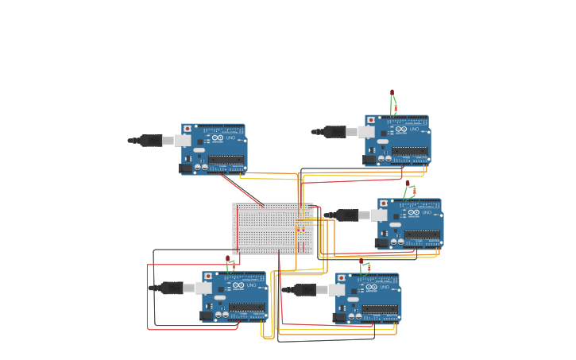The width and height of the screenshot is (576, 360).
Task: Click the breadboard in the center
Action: pos(272,227)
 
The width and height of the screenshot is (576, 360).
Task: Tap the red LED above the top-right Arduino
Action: pos(392,93)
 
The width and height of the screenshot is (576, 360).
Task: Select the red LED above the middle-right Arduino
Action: pos(408,184)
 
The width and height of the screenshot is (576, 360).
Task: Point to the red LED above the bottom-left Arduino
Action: pos(227,258)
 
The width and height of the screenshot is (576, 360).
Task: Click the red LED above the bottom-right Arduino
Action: pos(361,261)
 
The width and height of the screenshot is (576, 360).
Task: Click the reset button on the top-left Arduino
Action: pos(187,129)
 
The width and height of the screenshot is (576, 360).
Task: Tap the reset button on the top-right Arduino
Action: pos(371,120)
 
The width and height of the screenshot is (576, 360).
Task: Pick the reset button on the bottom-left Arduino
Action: pos(208,277)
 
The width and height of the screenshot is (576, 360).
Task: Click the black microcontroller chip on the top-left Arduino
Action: pos(226,159)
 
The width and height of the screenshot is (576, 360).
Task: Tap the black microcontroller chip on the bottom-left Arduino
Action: pos(247,307)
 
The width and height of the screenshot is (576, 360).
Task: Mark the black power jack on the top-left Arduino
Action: pos(186,168)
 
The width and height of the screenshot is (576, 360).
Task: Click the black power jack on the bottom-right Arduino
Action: pos(340,318)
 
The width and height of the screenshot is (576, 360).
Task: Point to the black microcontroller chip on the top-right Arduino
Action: pos(410,150)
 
